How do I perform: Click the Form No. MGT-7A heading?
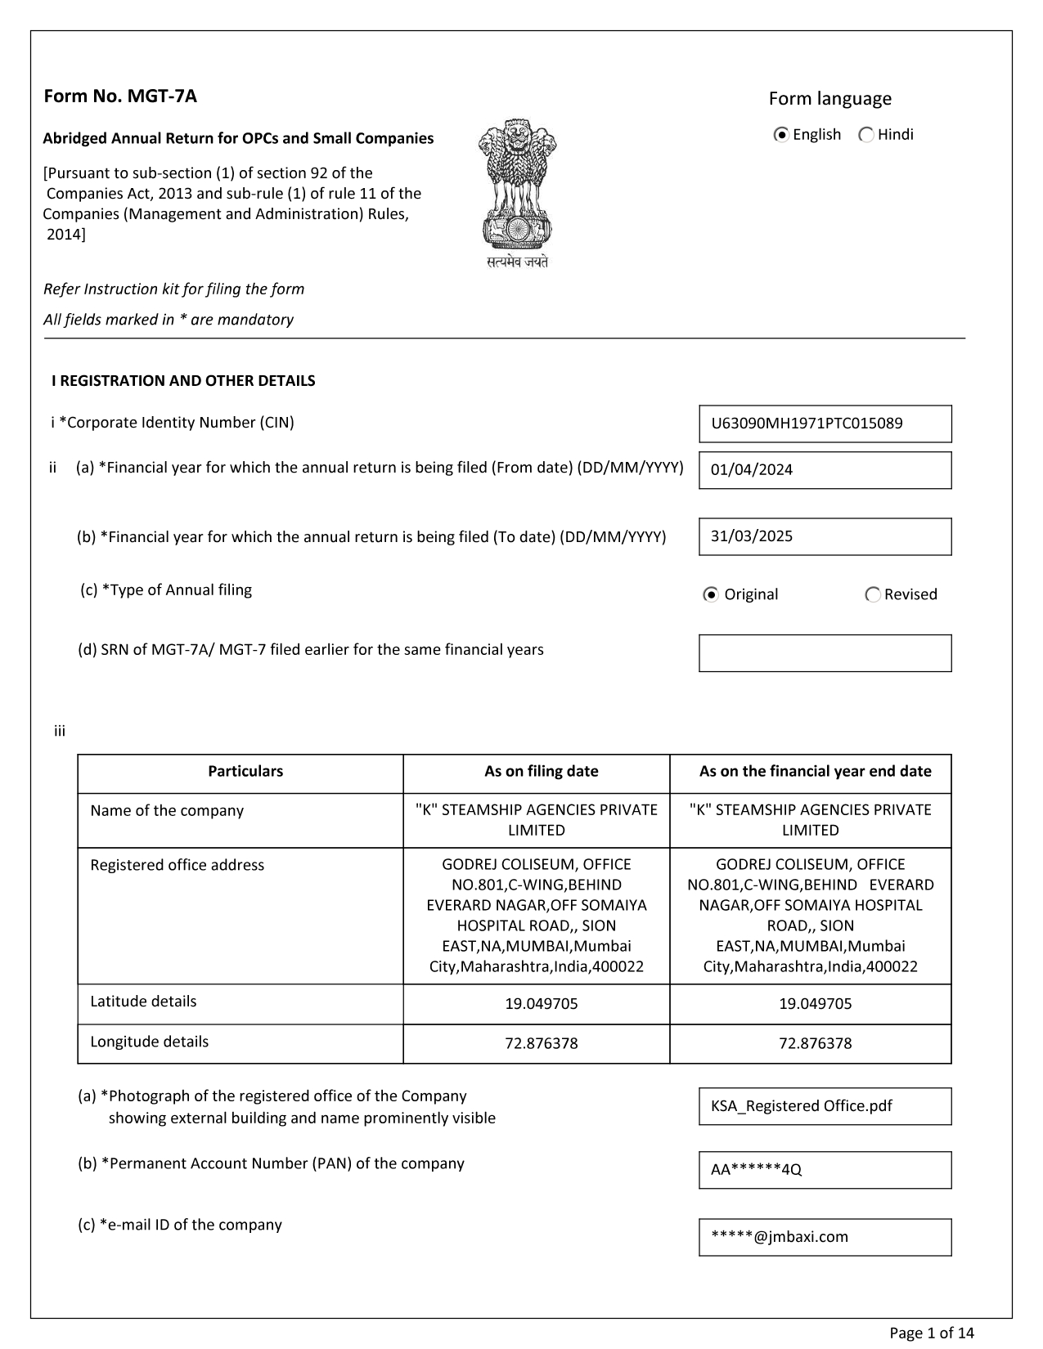120,96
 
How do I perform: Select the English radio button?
781,135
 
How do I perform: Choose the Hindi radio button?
865,135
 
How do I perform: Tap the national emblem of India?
517,193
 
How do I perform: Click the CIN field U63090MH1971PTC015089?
825,424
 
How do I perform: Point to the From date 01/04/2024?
825,470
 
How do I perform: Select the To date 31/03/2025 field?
825,536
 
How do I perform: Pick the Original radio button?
711,594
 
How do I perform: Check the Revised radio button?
873,594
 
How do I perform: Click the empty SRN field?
825,653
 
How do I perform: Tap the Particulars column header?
245,771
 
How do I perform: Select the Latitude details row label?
143,1002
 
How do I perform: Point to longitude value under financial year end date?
815,1043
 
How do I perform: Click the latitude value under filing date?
541,1004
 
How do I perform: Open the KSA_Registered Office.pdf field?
825,1106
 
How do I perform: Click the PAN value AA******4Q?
825,1170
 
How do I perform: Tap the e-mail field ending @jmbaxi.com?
825,1237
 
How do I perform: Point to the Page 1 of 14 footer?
932,1333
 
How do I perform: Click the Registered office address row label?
177,865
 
